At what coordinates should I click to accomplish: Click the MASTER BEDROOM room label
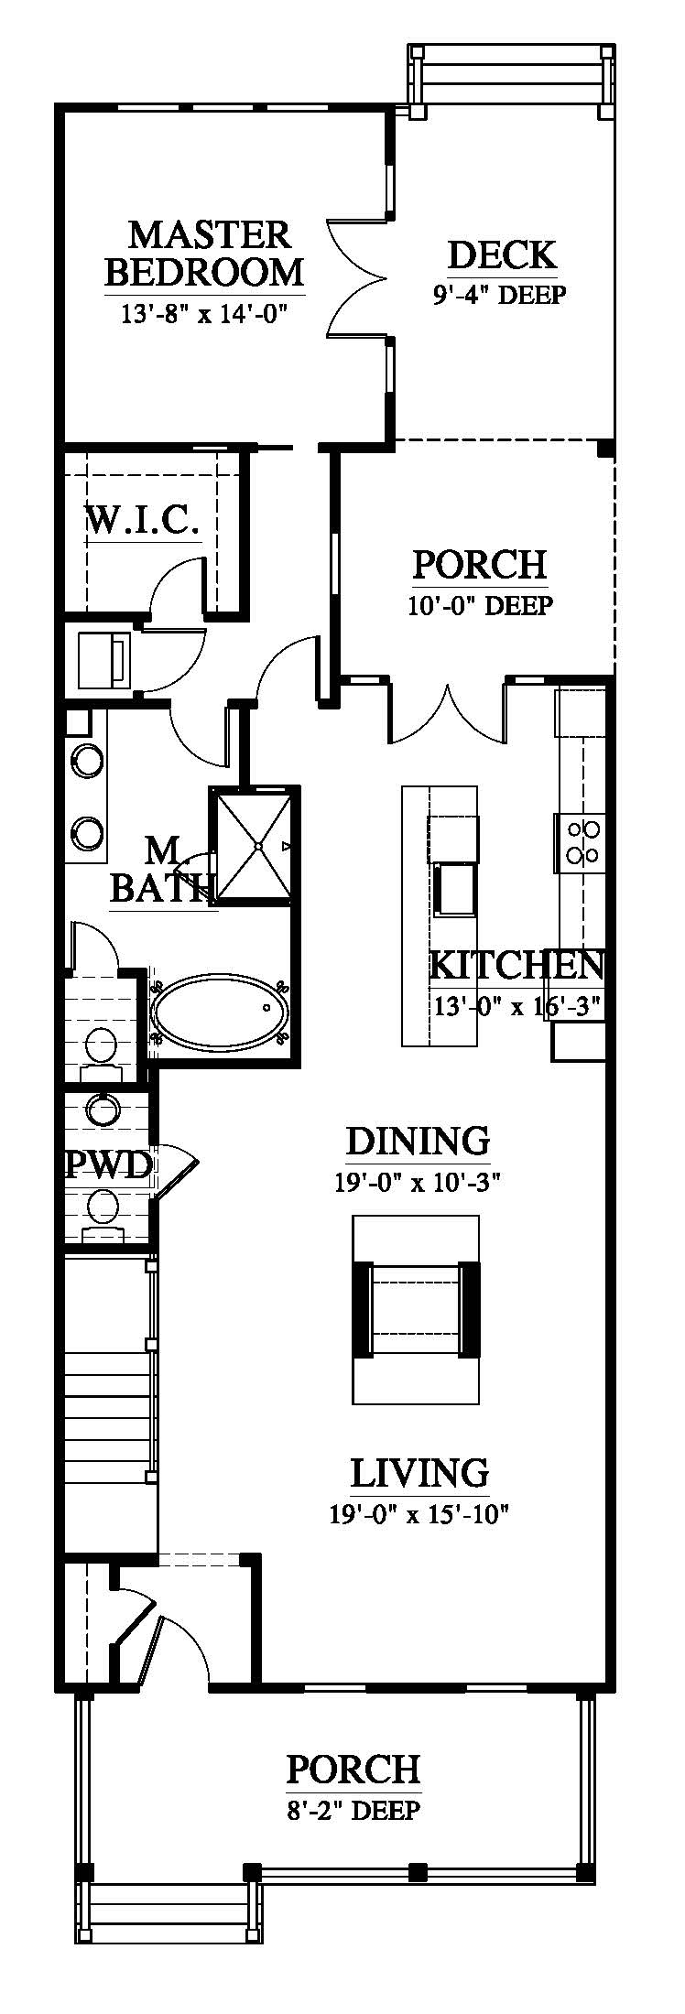(x=204, y=253)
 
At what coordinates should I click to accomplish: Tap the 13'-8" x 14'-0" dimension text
(x=204, y=314)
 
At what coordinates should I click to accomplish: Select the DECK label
(x=502, y=255)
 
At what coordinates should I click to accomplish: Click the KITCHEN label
(x=516, y=965)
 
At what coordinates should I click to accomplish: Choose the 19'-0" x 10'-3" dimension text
(x=418, y=1182)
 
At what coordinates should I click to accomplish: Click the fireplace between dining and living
(x=417, y=1310)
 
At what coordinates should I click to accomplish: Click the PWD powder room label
(x=108, y=1165)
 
